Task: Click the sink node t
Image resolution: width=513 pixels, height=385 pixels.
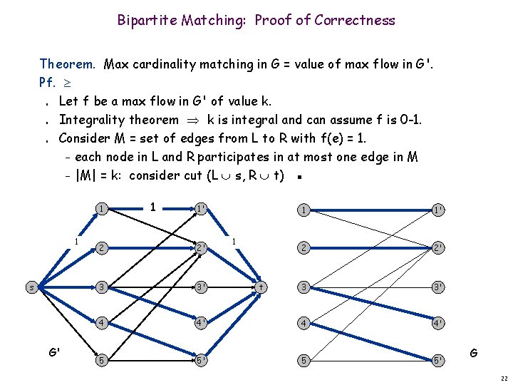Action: pos(261,287)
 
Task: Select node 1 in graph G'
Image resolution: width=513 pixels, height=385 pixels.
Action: pos(104,210)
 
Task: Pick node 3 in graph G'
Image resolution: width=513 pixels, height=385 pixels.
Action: pos(104,287)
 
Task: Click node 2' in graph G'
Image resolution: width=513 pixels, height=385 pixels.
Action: pos(202,248)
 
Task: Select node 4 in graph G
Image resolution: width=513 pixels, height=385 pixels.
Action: pos(304,322)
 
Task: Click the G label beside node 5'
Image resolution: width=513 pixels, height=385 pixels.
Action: pos(474,352)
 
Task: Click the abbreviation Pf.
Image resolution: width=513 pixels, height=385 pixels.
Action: pos(48,83)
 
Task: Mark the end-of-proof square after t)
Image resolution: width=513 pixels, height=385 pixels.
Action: pos(304,177)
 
